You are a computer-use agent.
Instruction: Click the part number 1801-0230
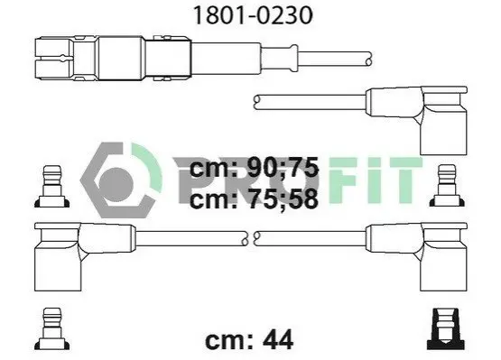point(253,15)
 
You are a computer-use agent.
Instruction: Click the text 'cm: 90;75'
point(254,168)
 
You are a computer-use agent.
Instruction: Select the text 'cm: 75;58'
point(254,198)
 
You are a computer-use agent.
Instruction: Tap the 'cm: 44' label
point(249,340)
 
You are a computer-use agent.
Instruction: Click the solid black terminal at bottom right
point(446,328)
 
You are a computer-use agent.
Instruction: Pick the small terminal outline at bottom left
point(51,328)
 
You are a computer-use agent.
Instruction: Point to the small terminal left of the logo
point(51,186)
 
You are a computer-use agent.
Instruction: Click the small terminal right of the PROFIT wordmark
point(447,185)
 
